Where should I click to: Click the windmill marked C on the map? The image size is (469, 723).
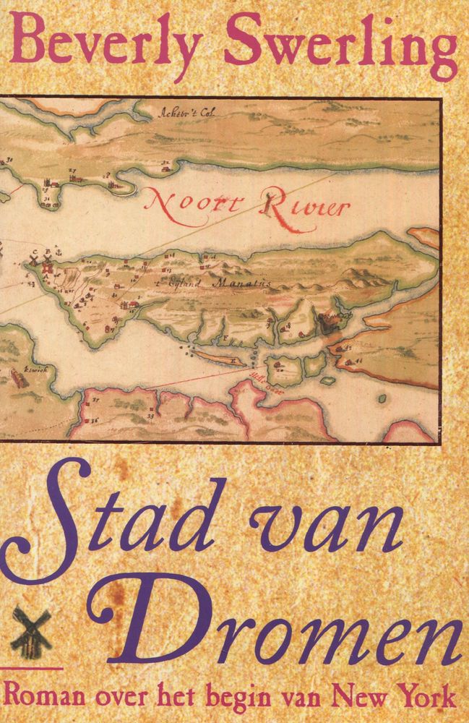34,258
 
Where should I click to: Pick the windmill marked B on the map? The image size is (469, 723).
48,257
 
